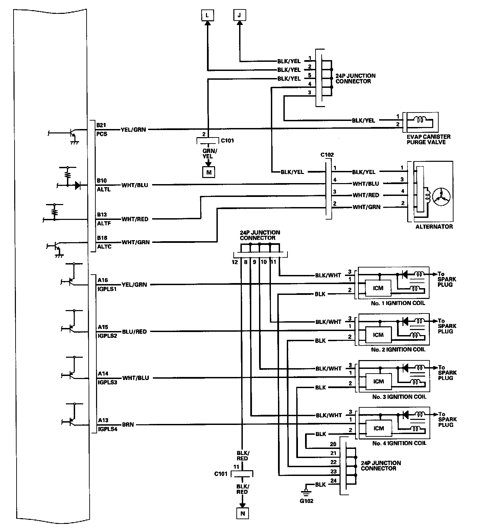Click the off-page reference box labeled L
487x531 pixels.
(207, 15)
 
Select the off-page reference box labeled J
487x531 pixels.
(239, 15)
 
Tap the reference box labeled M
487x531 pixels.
(209, 173)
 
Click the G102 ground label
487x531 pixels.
(306, 501)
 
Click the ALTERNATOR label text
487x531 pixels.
(434, 227)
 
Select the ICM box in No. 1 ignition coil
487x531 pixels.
(378, 288)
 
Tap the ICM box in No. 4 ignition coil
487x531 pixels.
(378, 428)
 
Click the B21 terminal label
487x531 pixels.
(101, 125)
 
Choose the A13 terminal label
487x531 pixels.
(103, 420)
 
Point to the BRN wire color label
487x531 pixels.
(128, 425)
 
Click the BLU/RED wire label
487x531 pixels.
(134, 332)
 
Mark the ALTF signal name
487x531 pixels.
(104, 223)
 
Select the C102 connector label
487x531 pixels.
(327, 155)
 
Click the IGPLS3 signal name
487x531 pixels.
(108, 383)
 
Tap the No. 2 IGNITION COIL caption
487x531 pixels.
(398, 350)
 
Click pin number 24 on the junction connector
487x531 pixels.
(333, 481)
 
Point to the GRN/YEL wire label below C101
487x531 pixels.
(207, 154)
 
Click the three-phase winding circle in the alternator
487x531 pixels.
(441, 196)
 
